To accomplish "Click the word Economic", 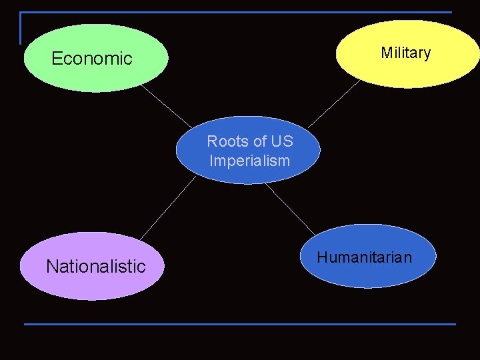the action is [x=92, y=59].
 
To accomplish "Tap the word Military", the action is [x=405, y=53].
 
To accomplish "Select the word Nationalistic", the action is [x=95, y=267].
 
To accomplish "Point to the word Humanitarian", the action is [x=364, y=257].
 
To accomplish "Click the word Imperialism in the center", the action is [x=249, y=161].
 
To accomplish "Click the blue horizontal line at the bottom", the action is [x=240, y=325].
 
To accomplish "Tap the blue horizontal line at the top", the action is [x=240, y=13].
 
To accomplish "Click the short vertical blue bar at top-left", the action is [x=21, y=28].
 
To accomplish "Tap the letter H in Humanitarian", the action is [x=321, y=257].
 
